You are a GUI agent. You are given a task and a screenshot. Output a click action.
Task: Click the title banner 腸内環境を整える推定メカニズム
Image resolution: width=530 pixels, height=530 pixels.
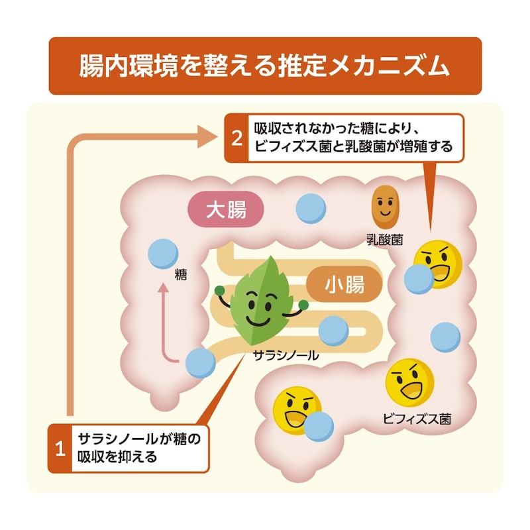pos(265,66)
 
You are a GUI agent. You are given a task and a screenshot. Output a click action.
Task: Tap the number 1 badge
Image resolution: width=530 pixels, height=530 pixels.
pos(60,449)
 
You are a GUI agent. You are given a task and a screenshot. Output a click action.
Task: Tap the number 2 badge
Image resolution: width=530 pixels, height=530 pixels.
pos(237,138)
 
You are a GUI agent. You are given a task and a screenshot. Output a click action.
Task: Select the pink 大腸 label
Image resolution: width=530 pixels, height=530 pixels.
pos(226,209)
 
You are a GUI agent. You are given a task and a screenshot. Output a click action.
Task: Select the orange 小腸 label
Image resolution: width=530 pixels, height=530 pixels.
pos(344,284)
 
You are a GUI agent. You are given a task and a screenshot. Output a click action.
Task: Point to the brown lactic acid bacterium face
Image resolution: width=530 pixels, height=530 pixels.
pos(385,206)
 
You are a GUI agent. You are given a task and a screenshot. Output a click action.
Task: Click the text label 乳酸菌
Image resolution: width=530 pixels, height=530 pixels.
pos(385,240)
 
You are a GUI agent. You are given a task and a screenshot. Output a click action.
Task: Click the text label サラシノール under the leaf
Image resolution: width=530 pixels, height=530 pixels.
pos(286,355)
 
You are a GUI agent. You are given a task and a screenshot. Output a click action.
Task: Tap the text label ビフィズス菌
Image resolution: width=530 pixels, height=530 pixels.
pos(417,419)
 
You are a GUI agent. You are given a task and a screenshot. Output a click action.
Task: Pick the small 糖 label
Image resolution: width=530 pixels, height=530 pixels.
pos(181,274)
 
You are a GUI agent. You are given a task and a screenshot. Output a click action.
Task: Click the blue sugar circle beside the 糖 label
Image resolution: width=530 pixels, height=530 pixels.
pos(163,254)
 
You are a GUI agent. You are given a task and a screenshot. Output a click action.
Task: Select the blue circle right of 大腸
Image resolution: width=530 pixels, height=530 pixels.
pos(311,209)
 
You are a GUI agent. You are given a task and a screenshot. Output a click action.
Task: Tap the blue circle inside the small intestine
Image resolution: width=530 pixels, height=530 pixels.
pos(333,331)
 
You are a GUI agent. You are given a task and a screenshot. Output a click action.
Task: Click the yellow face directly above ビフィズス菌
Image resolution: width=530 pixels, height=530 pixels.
pos(409,383)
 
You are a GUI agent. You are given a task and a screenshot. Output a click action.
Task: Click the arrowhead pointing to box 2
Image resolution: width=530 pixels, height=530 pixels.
pos(207,136)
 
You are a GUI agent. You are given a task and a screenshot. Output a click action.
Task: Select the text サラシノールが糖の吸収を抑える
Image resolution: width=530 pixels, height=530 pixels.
pos(139,449)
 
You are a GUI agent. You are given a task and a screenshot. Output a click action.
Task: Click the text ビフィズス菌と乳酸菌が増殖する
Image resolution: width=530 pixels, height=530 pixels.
pos(353,147)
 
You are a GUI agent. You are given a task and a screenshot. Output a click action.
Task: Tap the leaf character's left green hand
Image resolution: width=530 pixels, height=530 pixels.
pos(220,290)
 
